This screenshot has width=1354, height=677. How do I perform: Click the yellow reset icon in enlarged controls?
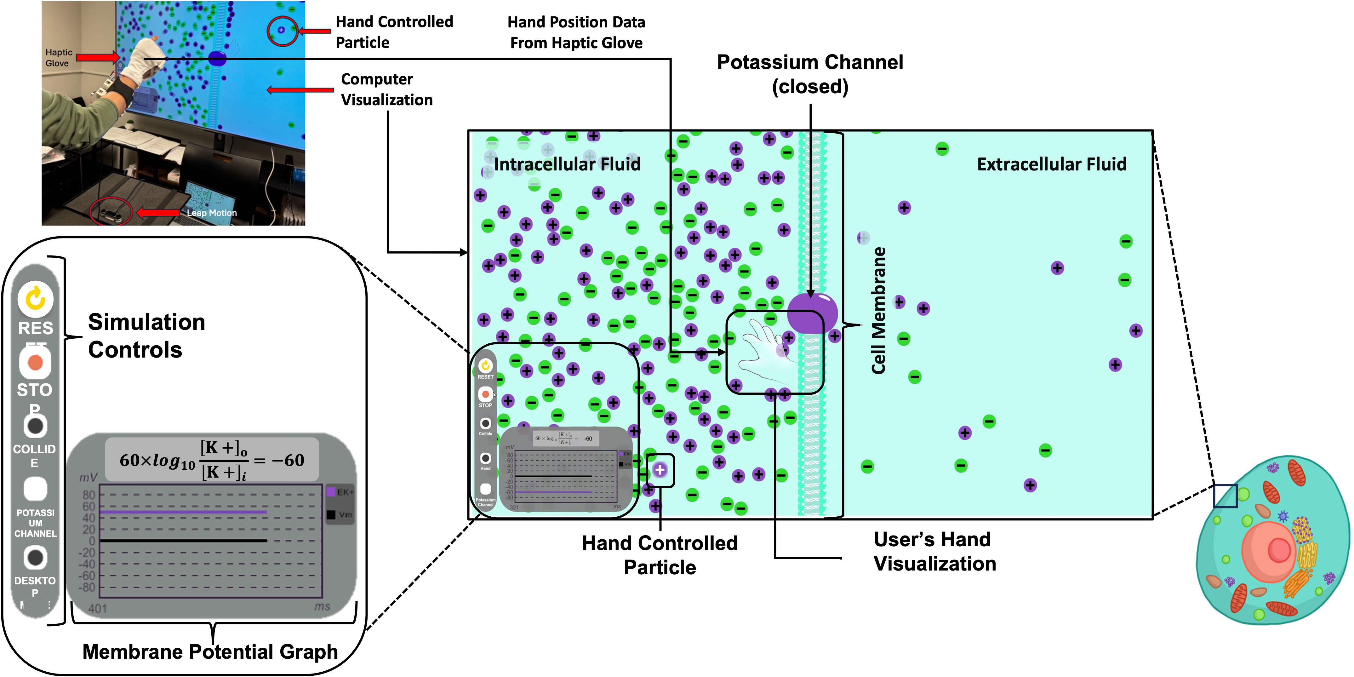pyautogui.click(x=35, y=299)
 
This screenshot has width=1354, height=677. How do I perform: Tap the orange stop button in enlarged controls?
pyautogui.click(x=35, y=363)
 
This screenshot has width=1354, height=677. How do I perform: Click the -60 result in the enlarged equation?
pyautogui.click(x=288, y=461)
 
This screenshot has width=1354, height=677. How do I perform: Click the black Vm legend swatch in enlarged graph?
pyautogui.click(x=331, y=514)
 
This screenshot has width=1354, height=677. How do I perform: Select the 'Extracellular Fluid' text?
pyautogui.click(x=1051, y=164)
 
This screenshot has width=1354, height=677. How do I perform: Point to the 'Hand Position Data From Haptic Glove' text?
pyautogui.click(x=576, y=32)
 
